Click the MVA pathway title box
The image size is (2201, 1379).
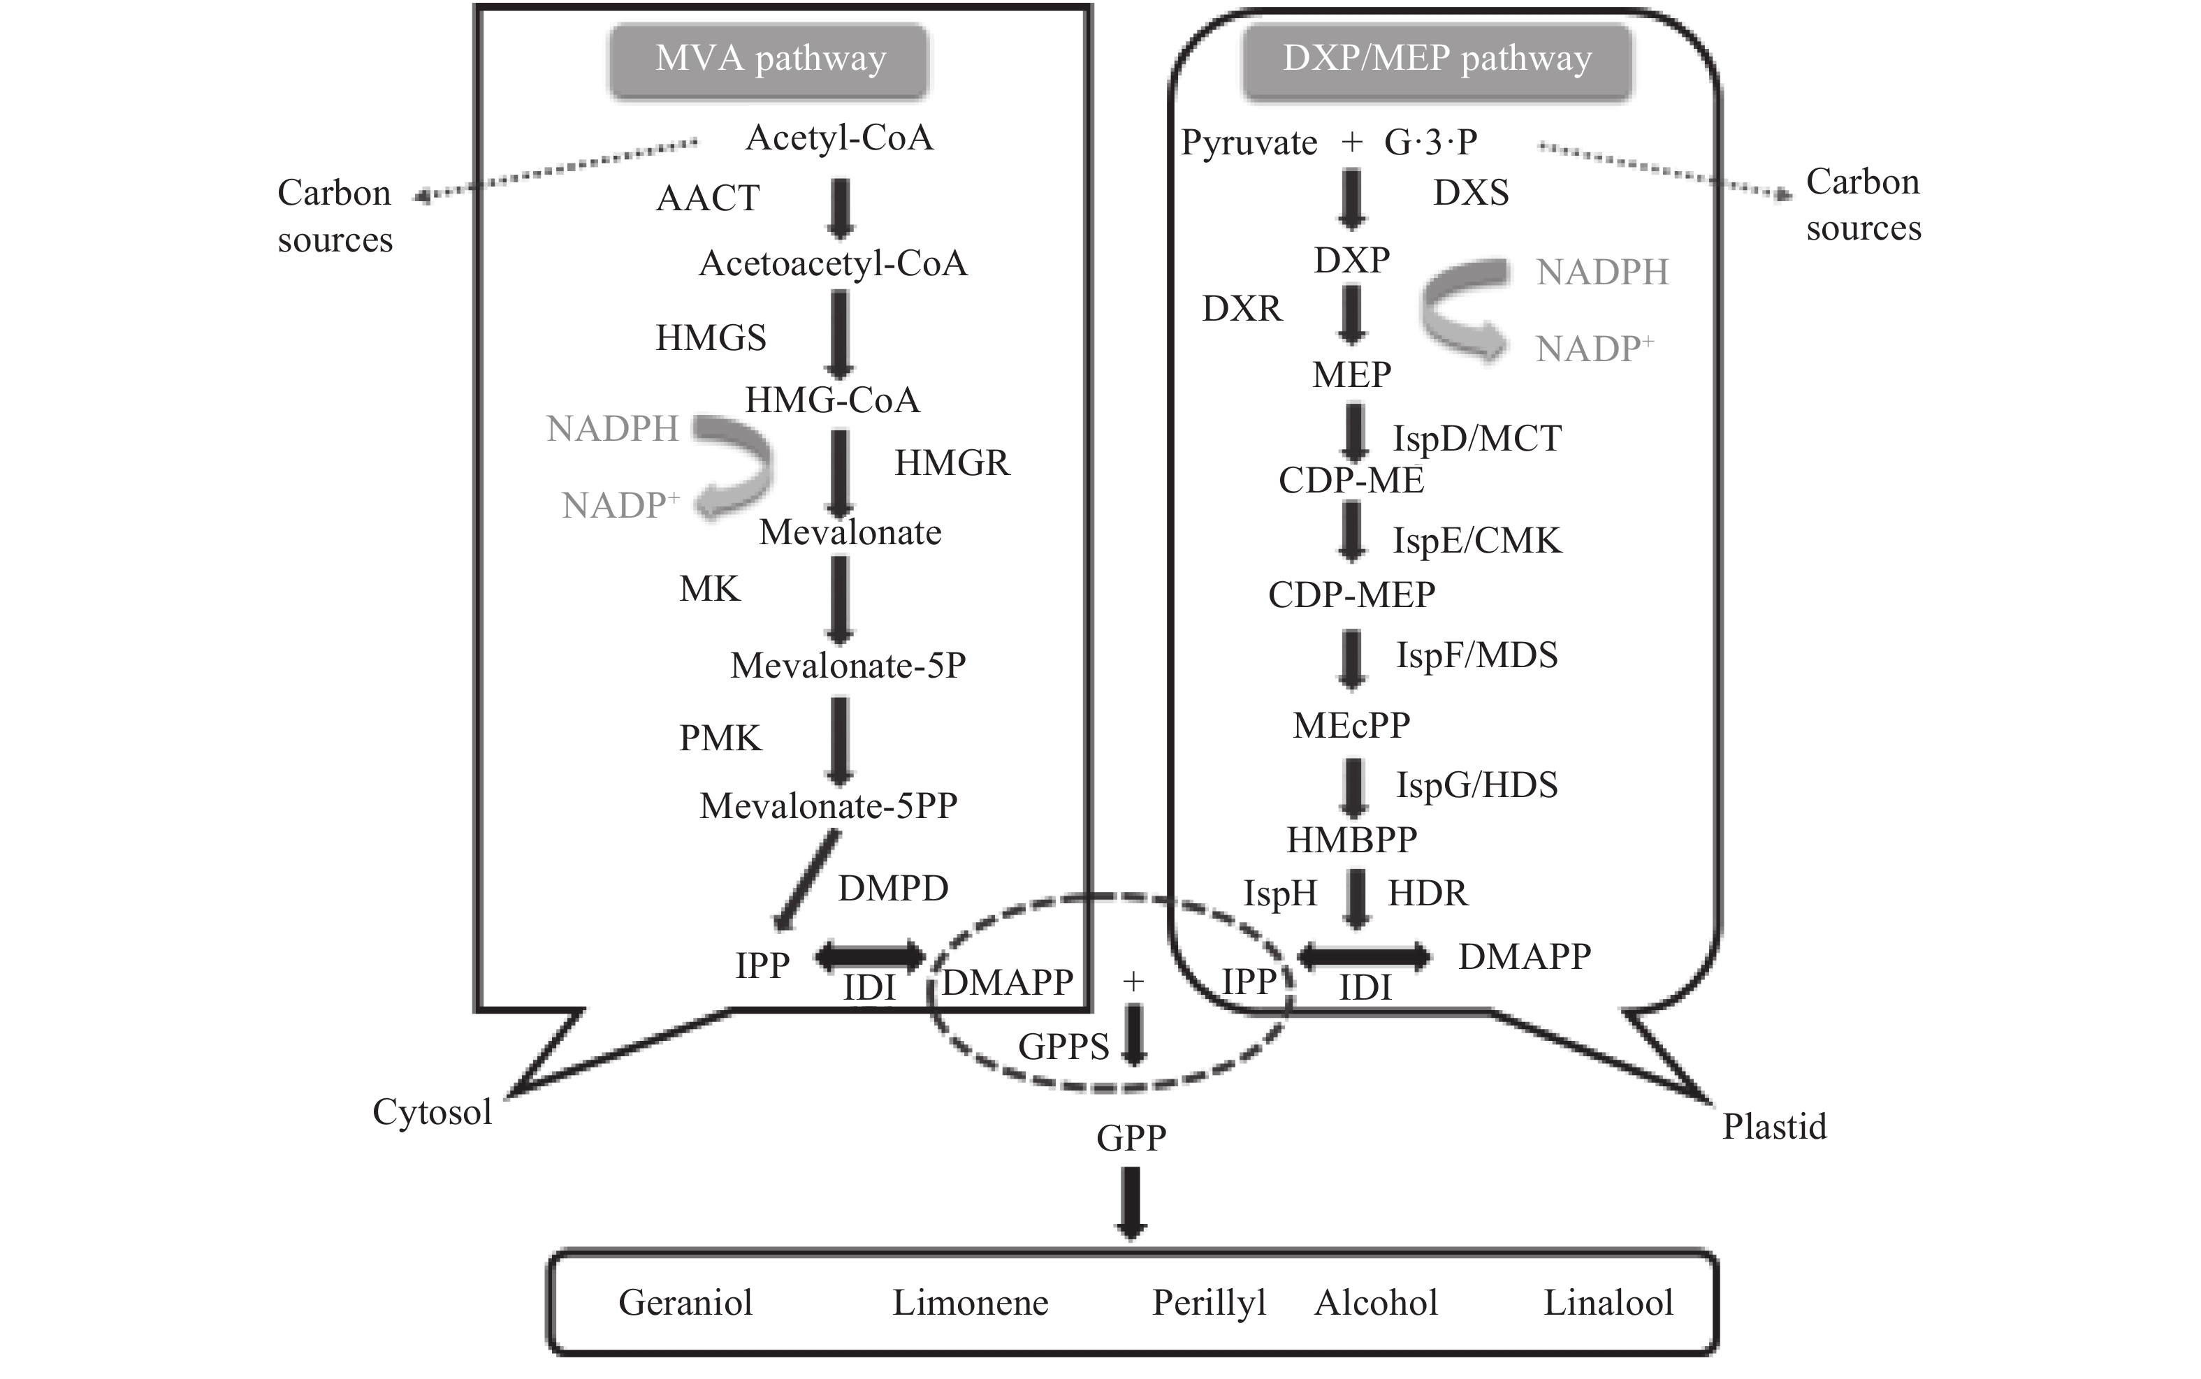point(769,60)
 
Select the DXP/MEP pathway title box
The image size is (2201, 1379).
point(1437,60)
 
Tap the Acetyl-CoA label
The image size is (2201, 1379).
point(839,138)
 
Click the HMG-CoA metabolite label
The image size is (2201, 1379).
point(832,400)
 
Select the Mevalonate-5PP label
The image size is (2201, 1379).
point(828,806)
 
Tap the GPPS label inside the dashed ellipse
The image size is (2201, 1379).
point(1063,1048)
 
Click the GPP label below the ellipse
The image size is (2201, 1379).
point(1131,1138)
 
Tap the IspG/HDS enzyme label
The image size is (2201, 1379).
point(1476,785)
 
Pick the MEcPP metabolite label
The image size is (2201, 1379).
point(1351,726)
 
